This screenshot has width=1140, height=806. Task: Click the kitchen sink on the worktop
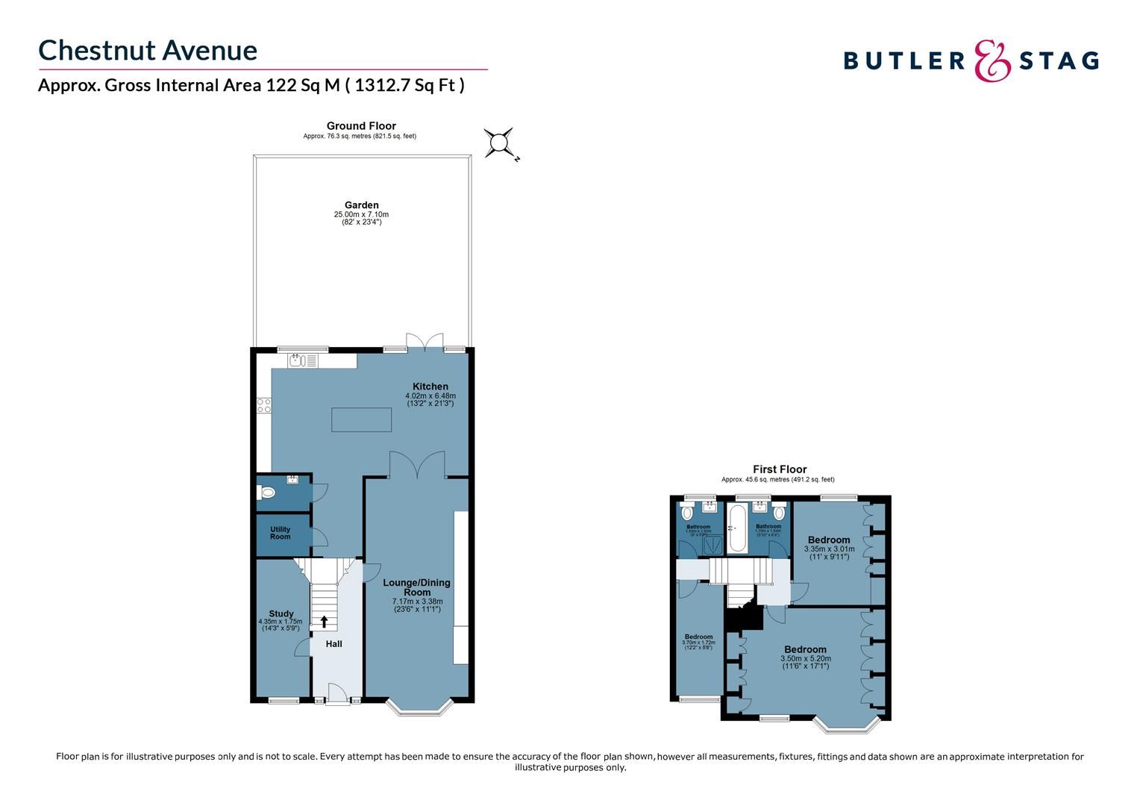(299, 361)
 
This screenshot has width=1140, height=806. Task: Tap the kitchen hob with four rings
(263, 405)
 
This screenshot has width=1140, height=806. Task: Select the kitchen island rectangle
(361, 419)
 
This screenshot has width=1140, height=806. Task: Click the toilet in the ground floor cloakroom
(266, 493)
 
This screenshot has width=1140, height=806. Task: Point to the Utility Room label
(281, 533)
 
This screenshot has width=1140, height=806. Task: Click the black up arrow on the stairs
(324, 621)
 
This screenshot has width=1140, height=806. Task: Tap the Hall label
(334, 643)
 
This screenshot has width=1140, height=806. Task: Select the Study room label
(281, 613)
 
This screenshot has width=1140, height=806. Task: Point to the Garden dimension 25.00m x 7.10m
(361, 215)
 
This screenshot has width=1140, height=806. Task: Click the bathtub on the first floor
(736, 529)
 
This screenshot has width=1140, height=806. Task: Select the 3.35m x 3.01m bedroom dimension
(829, 549)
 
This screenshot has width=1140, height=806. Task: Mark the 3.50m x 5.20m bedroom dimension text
(805, 659)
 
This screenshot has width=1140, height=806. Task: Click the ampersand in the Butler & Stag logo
(992, 60)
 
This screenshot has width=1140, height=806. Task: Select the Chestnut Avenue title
(148, 50)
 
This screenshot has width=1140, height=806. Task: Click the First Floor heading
(779, 469)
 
